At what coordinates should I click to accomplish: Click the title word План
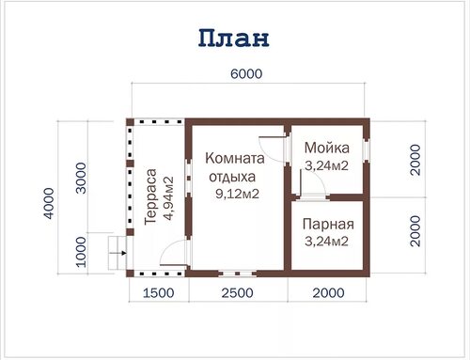234,38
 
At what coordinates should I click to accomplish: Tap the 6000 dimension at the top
246,74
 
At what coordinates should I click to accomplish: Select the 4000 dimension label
49,203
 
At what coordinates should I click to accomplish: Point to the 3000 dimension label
81,178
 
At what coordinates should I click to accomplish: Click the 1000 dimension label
81,252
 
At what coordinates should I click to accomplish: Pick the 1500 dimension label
159,293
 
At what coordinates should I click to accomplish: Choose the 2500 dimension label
237,293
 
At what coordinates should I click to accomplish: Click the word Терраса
150,196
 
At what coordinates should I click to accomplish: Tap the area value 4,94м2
168,198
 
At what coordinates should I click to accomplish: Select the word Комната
235,158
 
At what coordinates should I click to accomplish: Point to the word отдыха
232,177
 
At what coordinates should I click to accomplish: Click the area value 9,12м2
237,195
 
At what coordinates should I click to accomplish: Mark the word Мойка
327,148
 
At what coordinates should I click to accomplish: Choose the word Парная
328,225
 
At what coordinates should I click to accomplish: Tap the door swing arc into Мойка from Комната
269,153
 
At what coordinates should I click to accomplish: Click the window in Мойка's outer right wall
366,149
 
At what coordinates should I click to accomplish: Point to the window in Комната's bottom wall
238,274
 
